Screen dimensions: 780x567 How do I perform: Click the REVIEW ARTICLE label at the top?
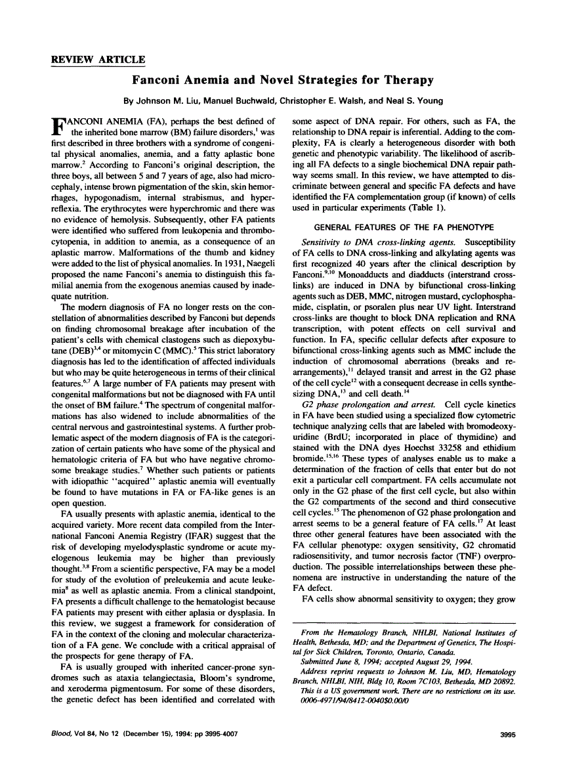[x=98, y=60]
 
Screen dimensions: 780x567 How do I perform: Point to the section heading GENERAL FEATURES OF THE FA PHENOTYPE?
[x=404, y=227]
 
